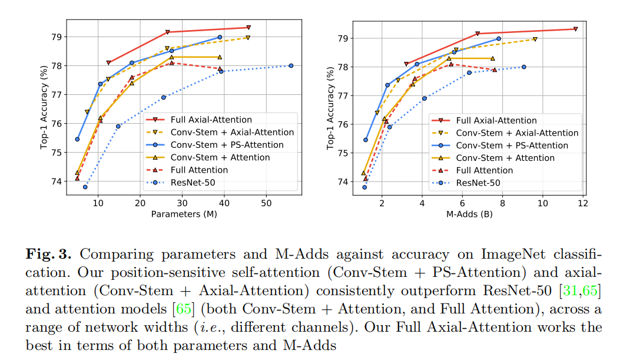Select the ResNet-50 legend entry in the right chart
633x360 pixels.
click(478, 183)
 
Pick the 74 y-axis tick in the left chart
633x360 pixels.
click(58, 181)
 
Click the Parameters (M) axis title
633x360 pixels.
click(184, 214)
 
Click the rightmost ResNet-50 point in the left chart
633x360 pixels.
click(291, 65)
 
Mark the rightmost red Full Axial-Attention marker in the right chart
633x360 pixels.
click(575, 29)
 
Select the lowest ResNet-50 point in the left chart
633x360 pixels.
click(85, 187)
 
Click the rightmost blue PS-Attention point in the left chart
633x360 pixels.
click(220, 37)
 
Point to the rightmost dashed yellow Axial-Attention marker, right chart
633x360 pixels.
click(535, 39)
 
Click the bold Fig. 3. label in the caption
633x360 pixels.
click(48, 254)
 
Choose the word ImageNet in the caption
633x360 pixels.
click(512, 254)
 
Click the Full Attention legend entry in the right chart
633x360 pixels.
click(485, 170)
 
